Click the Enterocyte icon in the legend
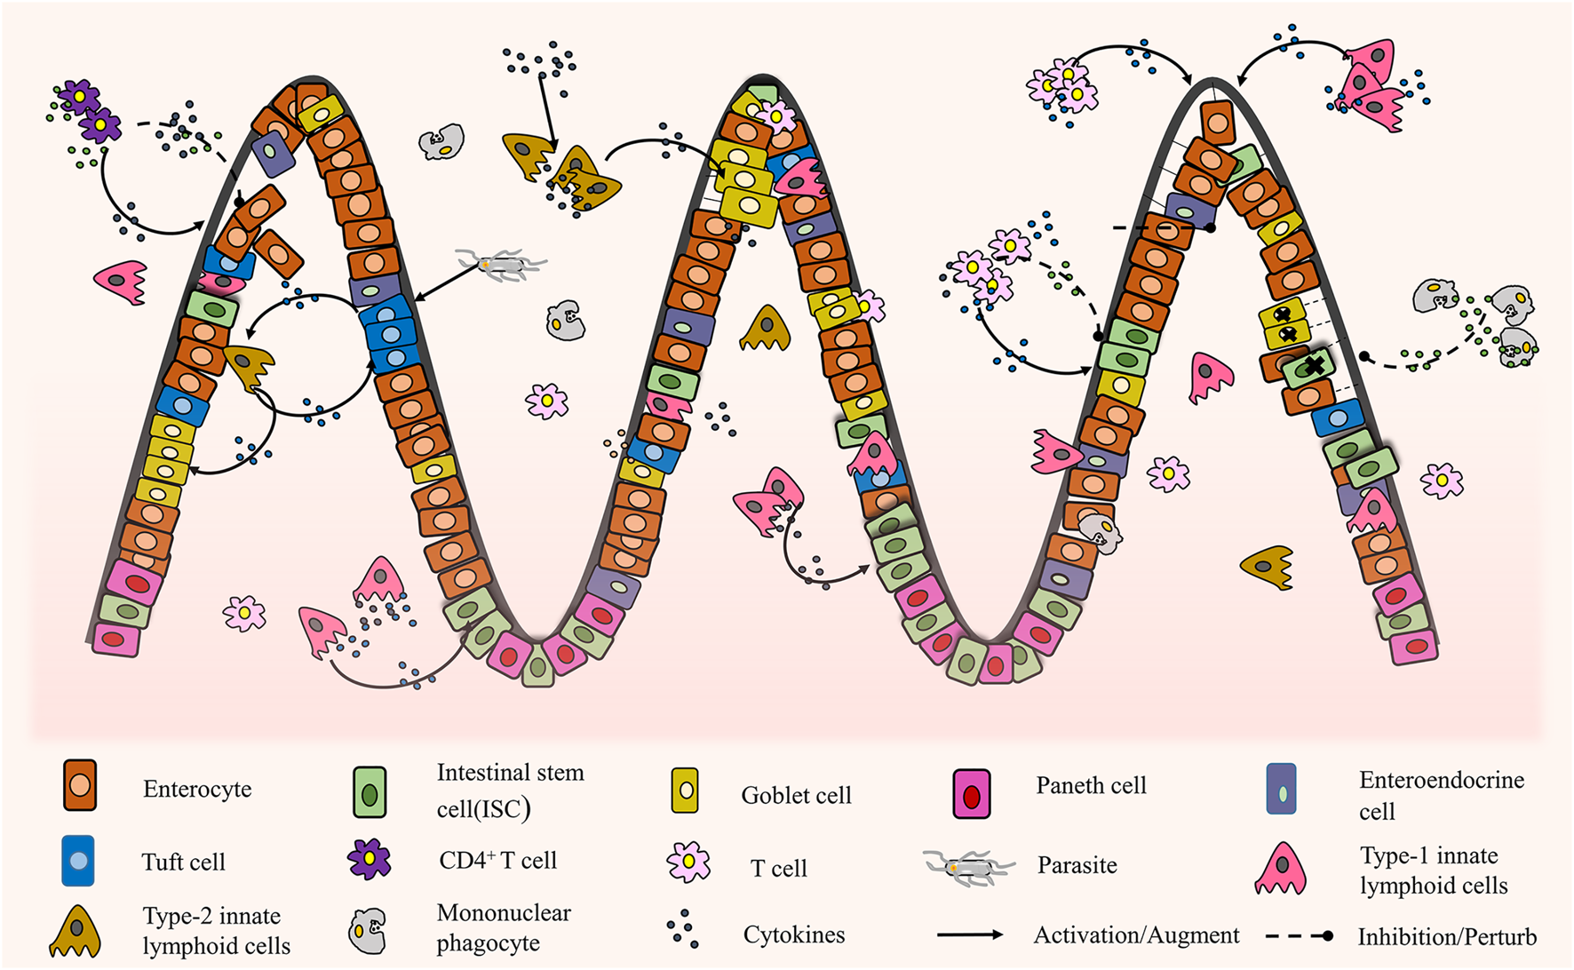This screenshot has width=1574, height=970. [x=79, y=785]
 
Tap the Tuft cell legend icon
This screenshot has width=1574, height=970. [x=78, y=860]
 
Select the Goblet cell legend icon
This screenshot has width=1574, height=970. [x=685, y=791]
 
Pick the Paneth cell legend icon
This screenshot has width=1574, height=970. [x=971, y=793]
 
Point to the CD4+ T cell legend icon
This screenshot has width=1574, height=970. [x=369, y=859]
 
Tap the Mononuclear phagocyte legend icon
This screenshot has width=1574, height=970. [x=368, y=930]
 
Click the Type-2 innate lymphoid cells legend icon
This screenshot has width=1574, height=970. [x=76, y=932]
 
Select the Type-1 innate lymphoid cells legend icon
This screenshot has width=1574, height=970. [x=1280, y=869]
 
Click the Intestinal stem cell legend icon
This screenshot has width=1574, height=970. [x=370, y=792]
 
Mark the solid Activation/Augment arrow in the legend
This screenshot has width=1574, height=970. [x=970, y=934]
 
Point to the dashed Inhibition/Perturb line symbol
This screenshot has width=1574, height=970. [x=1299, y=936]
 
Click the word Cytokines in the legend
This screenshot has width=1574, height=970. [x=793, y=934]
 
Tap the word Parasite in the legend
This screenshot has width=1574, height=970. [x=1077, y=865]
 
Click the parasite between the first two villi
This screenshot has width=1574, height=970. [x=502, y=263]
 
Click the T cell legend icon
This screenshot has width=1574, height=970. [x=688, y=862]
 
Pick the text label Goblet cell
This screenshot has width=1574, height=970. [x=796, y=795]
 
